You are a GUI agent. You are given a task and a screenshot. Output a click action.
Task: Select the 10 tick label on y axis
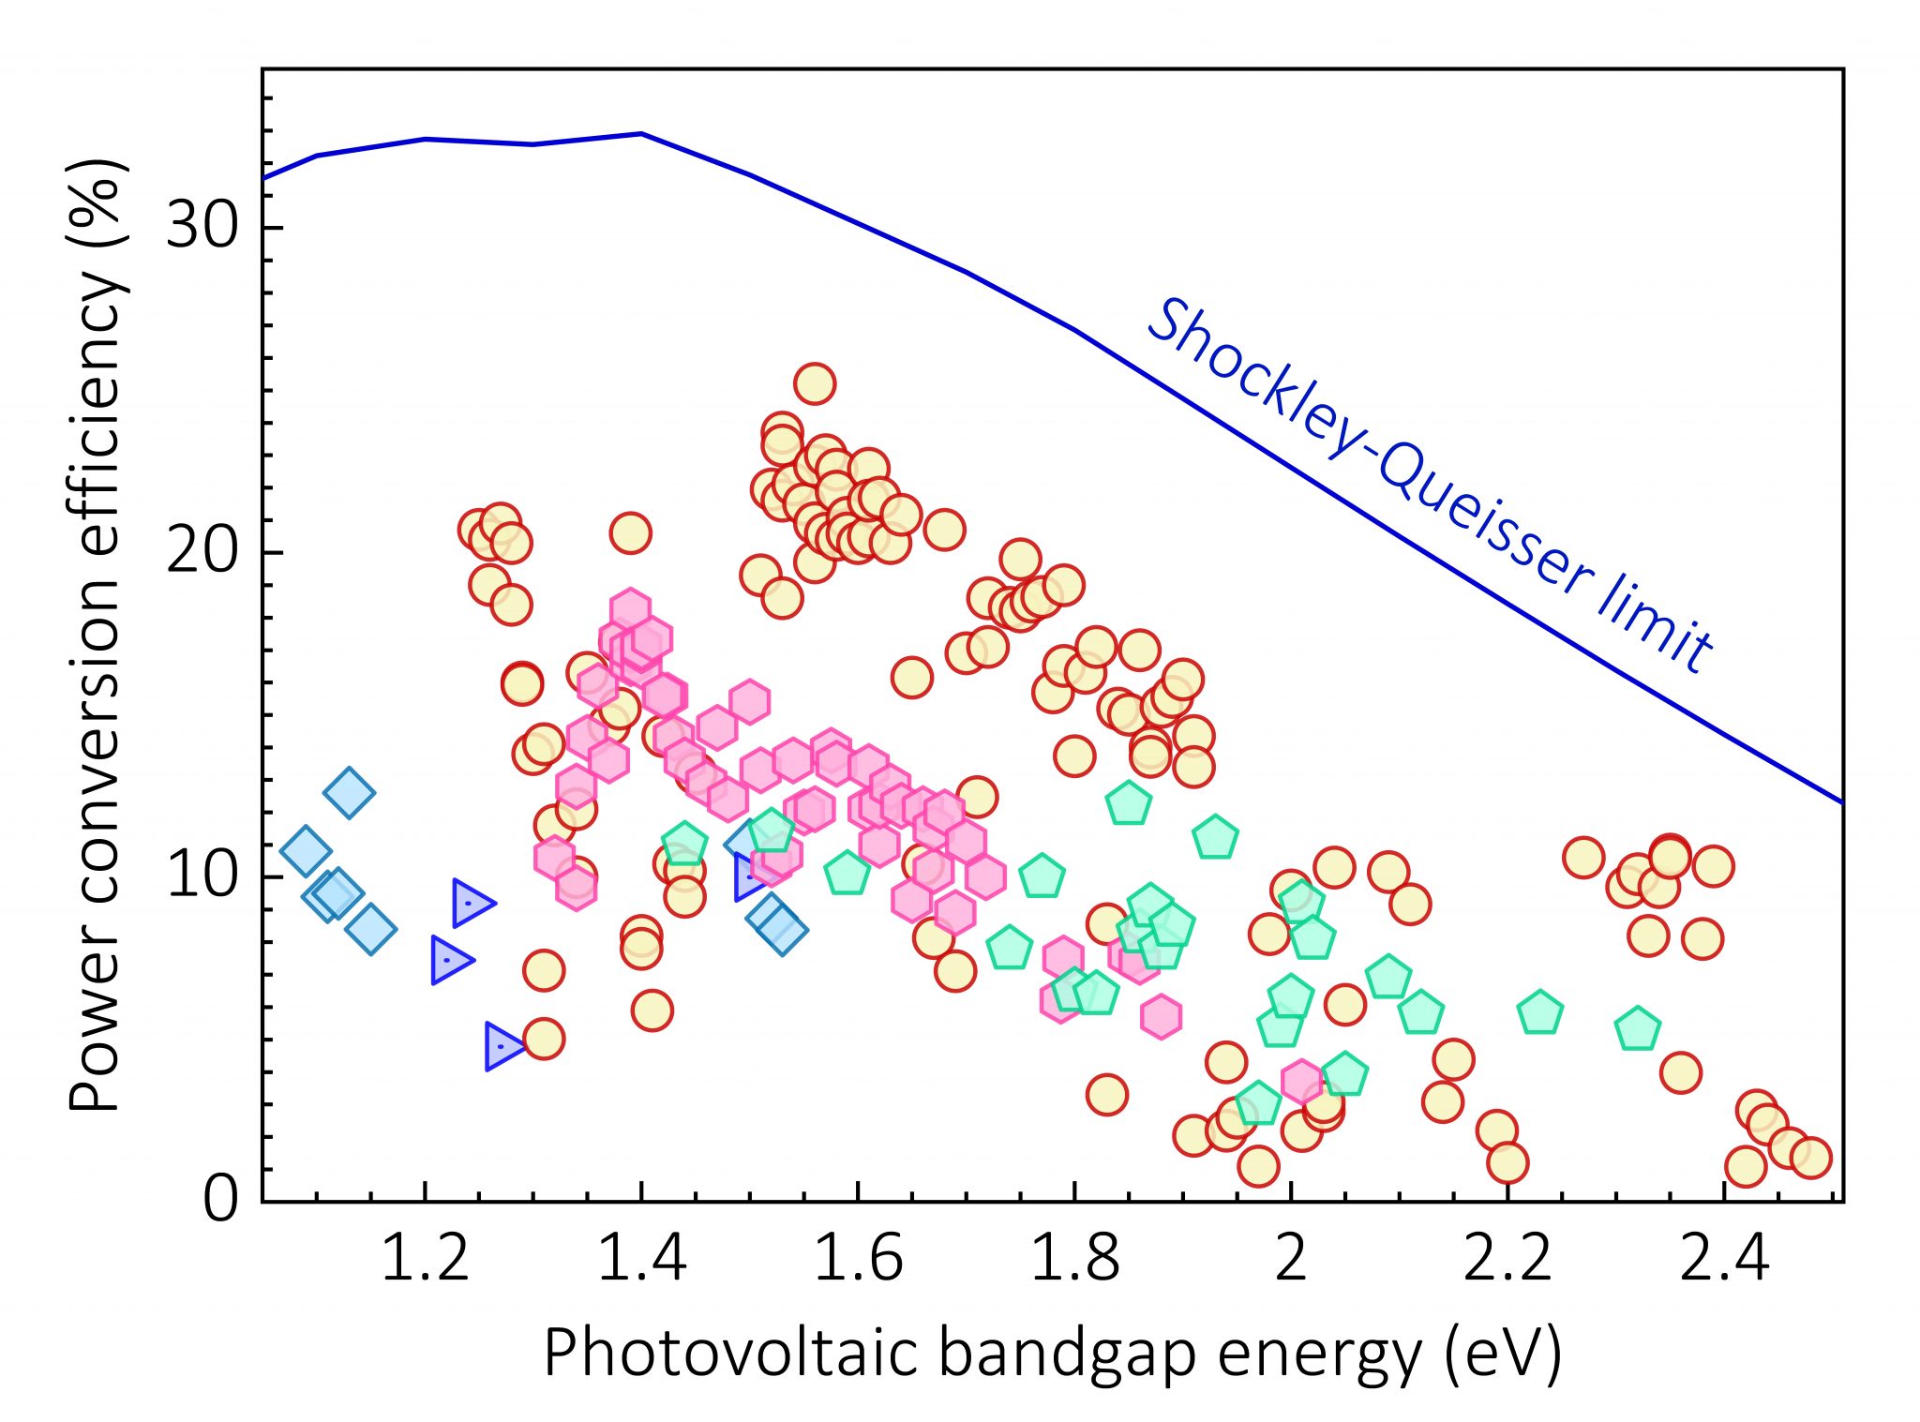pos(202,876)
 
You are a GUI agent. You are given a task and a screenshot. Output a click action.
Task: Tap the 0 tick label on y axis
pos(220,1199)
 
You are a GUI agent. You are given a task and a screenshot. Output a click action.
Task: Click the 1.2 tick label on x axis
pos(425,1258)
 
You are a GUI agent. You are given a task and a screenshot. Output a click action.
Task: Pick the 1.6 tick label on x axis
pos(858,1258)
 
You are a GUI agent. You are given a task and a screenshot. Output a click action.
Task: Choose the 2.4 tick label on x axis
pos(1723,1258)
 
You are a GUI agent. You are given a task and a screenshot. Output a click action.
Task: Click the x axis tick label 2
pos(1291,1258)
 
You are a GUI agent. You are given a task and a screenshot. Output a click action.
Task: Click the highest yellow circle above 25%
pos(815,383)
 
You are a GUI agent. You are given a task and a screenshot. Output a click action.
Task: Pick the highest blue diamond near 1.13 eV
pos(349,792)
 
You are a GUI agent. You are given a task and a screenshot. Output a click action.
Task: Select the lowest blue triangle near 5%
pos(504,1046)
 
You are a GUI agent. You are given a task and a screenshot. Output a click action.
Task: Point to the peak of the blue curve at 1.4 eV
pos(641,133)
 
